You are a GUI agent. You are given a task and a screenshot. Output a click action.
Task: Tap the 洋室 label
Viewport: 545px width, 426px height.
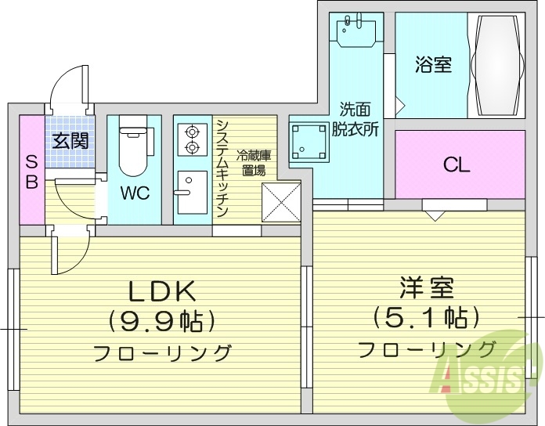point(427,287)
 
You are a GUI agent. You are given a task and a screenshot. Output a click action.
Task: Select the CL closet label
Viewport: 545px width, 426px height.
point(457,165)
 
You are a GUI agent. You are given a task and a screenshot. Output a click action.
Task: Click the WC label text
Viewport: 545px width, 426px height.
point(135,193)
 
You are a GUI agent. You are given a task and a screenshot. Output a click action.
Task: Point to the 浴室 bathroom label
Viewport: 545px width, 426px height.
point(432,64)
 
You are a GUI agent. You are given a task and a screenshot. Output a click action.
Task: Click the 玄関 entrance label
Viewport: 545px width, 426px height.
point(70,141)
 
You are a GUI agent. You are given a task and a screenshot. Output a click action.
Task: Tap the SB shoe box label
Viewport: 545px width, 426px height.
point(31,170)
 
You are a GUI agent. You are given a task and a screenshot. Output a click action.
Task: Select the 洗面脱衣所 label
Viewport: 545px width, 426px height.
point(355,120)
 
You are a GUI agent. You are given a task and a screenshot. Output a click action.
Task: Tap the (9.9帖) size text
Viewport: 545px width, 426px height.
point(161,320)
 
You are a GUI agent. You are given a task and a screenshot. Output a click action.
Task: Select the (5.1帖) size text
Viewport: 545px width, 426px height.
point(426,316)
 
